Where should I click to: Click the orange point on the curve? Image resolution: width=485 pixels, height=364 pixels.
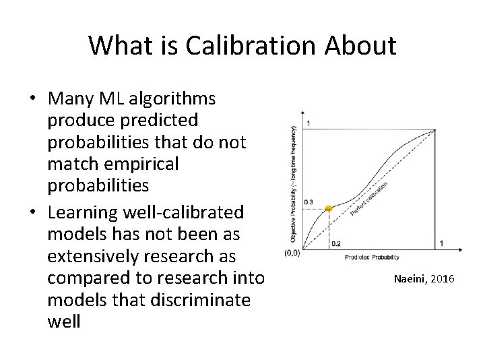329,208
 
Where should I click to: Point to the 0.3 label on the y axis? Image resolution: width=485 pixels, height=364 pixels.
309,202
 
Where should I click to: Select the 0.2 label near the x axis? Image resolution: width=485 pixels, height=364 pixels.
336,243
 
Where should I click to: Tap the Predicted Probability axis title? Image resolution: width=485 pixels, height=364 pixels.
372,257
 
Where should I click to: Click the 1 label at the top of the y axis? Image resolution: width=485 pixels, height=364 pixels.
309,123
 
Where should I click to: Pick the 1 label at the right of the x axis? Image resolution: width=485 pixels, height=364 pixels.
441,243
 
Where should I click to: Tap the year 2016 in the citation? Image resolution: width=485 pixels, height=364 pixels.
442,278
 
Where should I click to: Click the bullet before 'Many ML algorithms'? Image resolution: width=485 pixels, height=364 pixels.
33,99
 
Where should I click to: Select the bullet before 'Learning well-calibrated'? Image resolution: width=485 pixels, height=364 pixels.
33,212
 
